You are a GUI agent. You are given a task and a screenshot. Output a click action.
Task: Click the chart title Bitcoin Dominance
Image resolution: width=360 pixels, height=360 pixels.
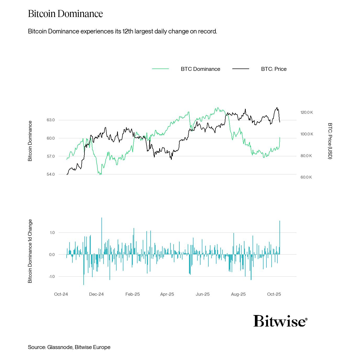(65, 14)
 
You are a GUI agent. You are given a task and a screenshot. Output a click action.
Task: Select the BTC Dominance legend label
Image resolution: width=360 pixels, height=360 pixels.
(200, 69)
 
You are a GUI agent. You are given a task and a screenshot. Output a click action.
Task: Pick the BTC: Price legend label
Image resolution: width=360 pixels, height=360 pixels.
(274, 69)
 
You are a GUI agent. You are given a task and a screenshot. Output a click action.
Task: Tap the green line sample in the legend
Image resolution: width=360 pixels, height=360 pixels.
(161, 69)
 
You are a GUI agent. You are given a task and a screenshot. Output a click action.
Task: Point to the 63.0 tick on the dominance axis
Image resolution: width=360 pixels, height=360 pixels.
(51, 120)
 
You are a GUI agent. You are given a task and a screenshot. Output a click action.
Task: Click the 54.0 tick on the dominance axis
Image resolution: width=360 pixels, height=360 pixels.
(51, 174)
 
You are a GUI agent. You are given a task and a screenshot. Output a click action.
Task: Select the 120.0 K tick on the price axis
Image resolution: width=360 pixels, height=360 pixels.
(306, 112)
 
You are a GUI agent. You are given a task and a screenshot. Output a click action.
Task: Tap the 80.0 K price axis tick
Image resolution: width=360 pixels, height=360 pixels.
(306, 156)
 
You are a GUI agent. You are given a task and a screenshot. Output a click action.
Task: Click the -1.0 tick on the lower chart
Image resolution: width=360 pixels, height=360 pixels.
(52, 277)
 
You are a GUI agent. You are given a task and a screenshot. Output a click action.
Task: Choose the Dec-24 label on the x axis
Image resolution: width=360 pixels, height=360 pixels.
(96, 294)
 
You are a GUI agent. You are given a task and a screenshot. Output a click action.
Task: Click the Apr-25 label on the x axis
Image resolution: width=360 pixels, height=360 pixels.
(167, 294)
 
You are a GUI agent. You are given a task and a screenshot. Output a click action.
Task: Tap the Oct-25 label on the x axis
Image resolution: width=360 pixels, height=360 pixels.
(274, 294)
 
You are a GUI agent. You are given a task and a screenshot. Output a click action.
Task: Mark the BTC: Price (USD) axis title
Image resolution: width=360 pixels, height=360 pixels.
(330, 141)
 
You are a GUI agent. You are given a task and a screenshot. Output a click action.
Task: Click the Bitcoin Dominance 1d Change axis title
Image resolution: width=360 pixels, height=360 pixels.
(30, 251)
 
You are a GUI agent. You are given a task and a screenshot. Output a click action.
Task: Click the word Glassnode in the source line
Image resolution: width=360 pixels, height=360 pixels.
(60, 347)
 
